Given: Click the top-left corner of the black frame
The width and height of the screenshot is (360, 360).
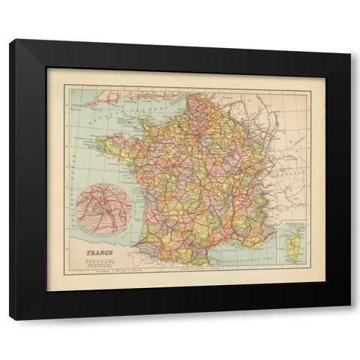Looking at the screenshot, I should point(10,40).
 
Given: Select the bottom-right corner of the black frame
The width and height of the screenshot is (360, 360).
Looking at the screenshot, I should point(349,319).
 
